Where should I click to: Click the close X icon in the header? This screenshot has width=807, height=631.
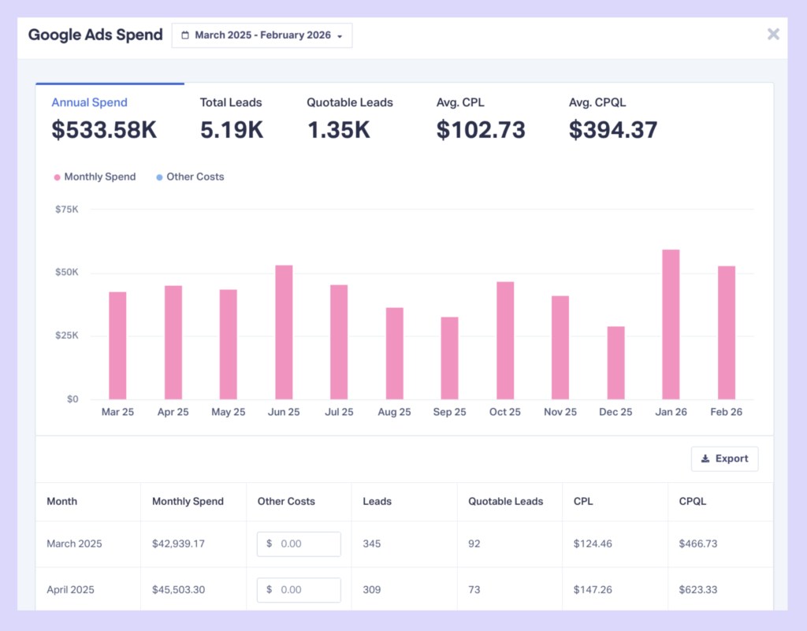tap(773, 34)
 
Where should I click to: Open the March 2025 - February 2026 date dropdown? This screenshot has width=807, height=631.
tap(262, 35)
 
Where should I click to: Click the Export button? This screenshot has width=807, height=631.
tap(724, 458)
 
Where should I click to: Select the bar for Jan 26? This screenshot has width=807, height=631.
tap(671, 325)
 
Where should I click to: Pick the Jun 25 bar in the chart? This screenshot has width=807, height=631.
tap(284, 332)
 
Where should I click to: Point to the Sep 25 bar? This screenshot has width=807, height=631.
tap(449, 358)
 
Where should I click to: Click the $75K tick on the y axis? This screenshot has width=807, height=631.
tap(67, 210)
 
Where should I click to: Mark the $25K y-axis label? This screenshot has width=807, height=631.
tap(67, 336)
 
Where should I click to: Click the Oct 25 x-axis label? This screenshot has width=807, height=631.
tap(505, 412)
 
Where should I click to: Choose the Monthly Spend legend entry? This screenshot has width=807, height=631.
tap(95, 177)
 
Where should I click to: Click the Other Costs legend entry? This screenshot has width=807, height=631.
tap(195, 177)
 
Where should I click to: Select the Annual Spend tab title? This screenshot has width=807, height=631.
tap(89, 102)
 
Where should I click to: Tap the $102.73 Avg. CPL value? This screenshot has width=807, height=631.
tap(481, 130)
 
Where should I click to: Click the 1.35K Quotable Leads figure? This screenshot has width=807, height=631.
tap(338, 130)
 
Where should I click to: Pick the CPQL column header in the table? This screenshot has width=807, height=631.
tap(693, 501)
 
